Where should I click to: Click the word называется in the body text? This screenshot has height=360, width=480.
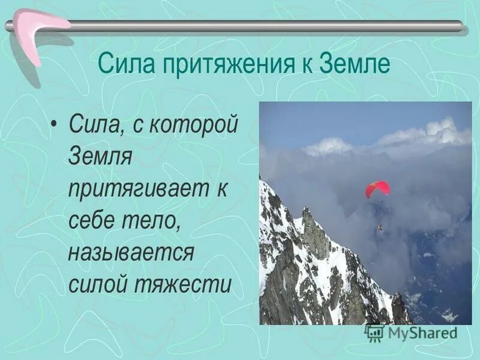(x=130, y=251)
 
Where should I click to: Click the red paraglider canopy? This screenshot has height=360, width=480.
(x=377, y=188)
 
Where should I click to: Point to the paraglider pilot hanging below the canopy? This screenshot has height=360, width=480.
(x=379, y=228)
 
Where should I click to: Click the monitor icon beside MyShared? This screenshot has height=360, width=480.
(x=374, y=332)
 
